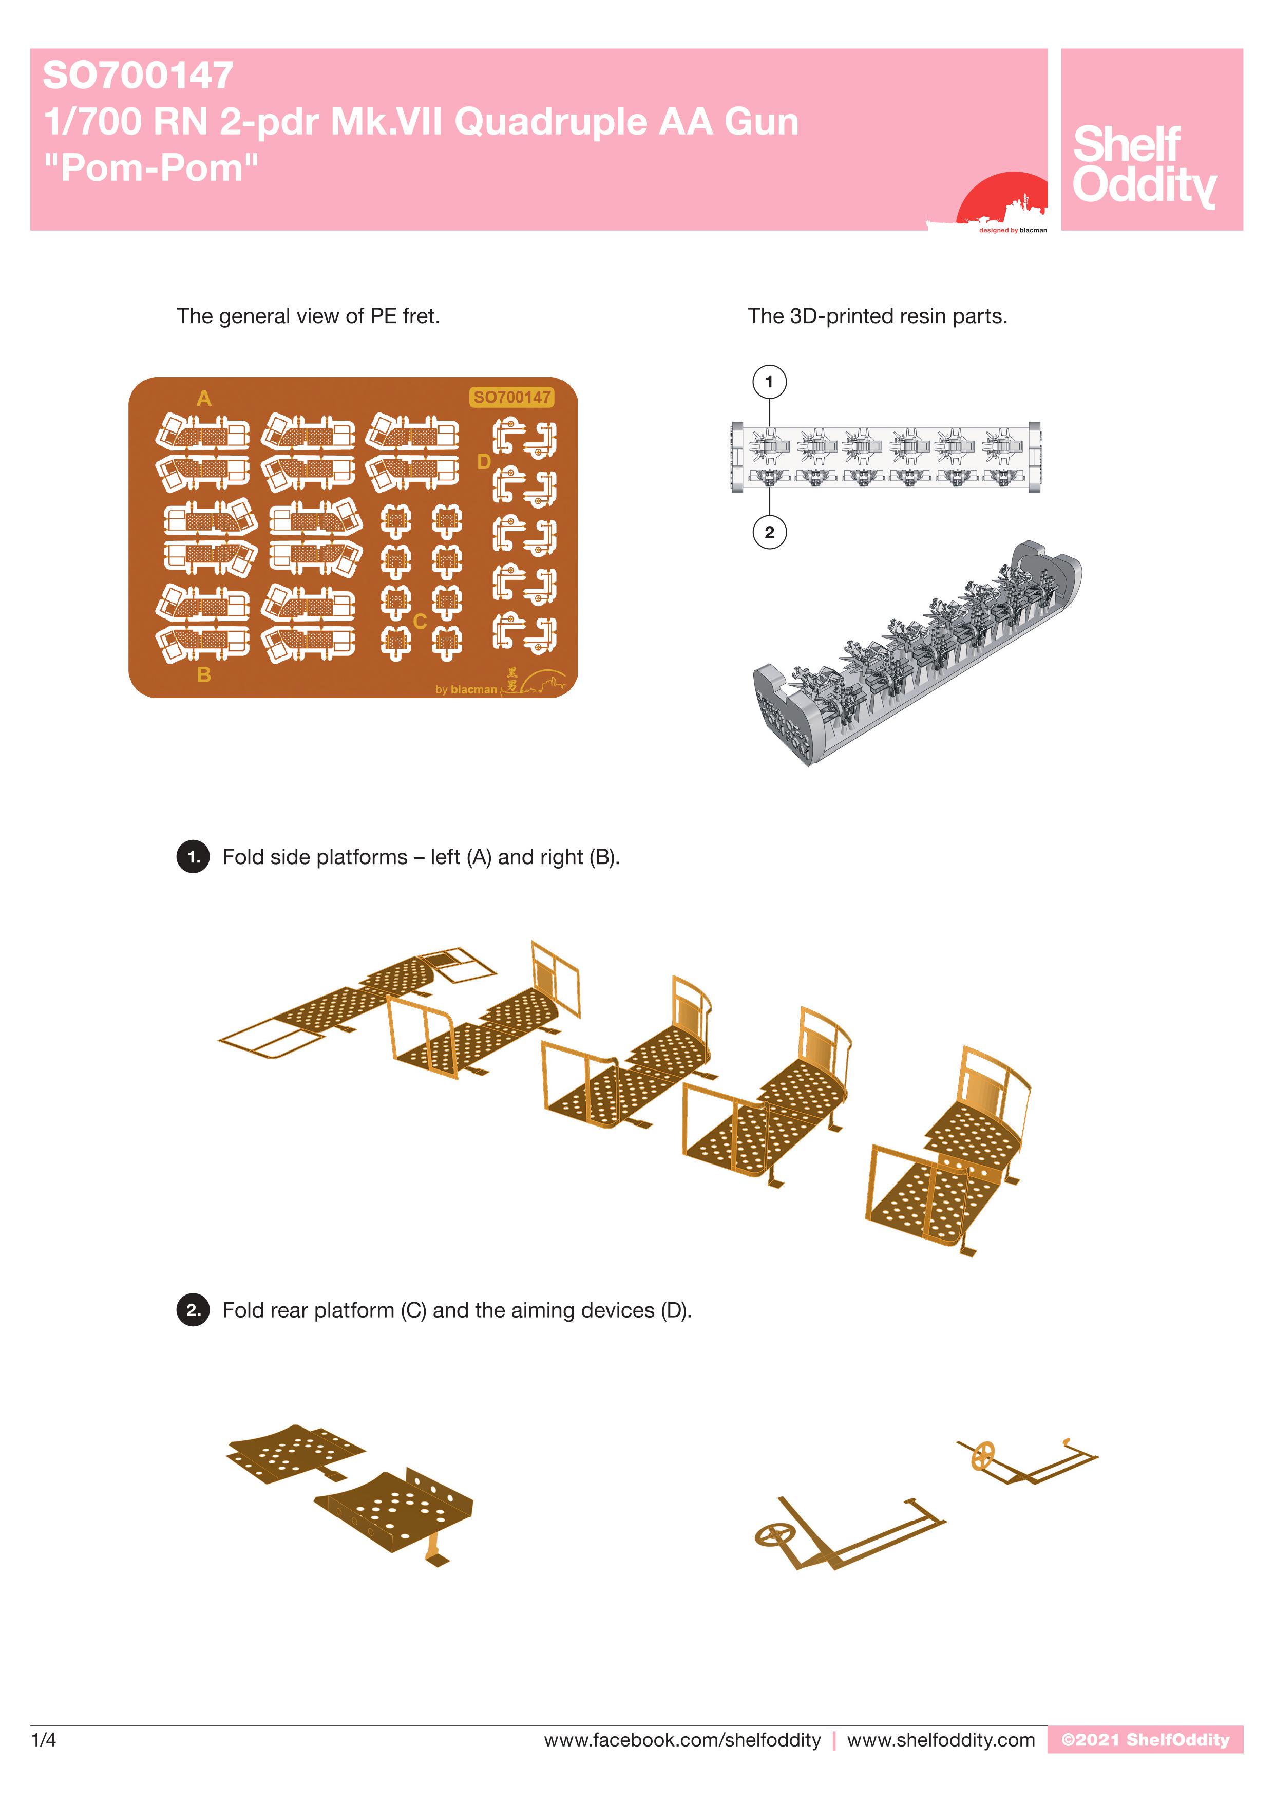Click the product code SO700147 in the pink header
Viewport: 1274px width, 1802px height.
tap(138, 76)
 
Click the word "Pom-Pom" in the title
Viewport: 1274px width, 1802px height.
tap(151, 168)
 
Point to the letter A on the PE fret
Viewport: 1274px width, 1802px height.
tap(204, 399)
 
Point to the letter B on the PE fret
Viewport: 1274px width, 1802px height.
tap(204, 675)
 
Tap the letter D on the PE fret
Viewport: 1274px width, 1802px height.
tap(484, 461)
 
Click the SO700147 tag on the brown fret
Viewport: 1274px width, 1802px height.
tap(511, 397)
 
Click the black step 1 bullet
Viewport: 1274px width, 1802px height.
tap(193, 856)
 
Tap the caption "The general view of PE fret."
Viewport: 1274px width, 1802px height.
tap(308, 316)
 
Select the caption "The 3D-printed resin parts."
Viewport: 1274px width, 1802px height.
tap(878, 316)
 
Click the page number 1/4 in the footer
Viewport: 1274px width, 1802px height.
tap(44, 1740)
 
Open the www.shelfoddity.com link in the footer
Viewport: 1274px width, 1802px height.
tap(941, 1740)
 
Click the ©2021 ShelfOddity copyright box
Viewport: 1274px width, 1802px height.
tap(1145, 1739)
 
